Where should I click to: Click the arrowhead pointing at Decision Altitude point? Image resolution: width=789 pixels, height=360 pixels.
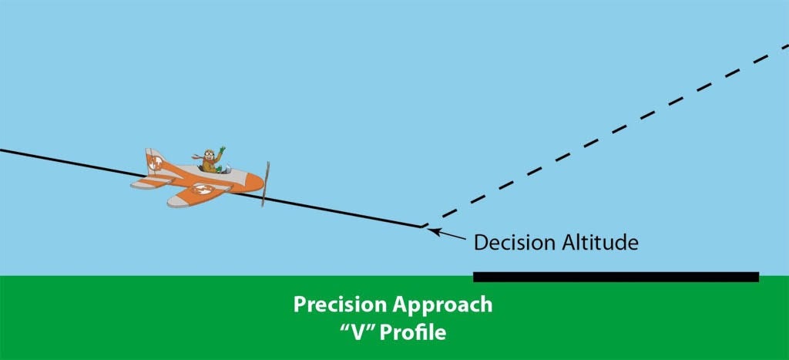[x=435, y=232]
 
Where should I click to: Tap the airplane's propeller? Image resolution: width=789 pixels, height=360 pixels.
[x=265, y=183]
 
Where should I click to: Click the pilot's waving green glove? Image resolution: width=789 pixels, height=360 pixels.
[x=222, y=150]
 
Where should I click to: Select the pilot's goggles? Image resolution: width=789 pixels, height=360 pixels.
[x=210, y=153]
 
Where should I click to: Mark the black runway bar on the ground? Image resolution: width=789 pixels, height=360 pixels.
[x=616, y=277]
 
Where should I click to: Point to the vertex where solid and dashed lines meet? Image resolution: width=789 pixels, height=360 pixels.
[x=421, y=227]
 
